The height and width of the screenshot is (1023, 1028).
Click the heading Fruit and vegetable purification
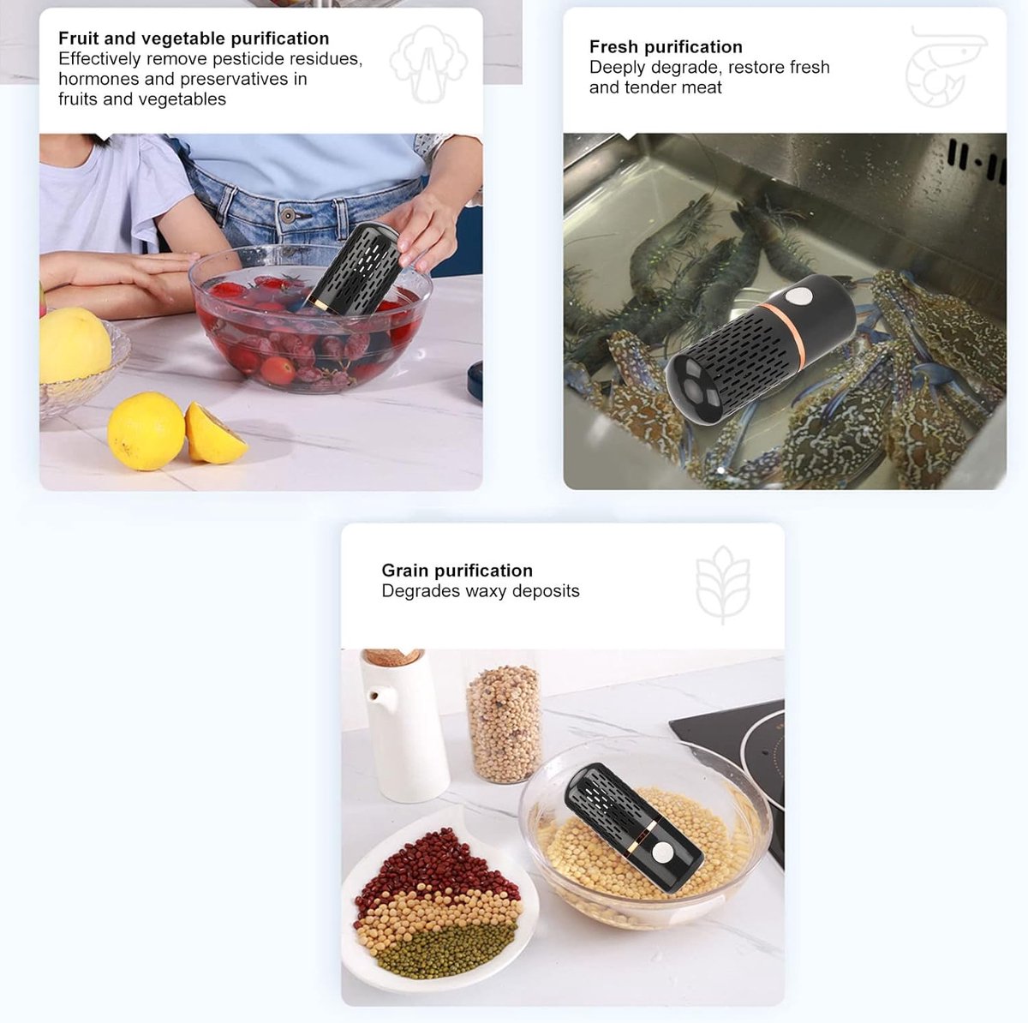click(194, 39)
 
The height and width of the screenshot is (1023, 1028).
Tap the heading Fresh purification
click(666, 47)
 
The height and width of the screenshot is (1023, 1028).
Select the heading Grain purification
click(457, 571)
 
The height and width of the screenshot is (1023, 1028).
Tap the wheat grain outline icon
click(723, 583)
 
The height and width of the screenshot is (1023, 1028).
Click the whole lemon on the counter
click(146, 431)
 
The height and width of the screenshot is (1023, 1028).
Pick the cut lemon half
click(214, 434)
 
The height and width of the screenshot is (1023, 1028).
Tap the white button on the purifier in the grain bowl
click(664, 852)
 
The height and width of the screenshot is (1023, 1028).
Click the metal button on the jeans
click(289, 215)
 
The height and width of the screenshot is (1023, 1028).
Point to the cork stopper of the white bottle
click(394, 655)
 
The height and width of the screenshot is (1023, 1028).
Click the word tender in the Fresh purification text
click(649, 87)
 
